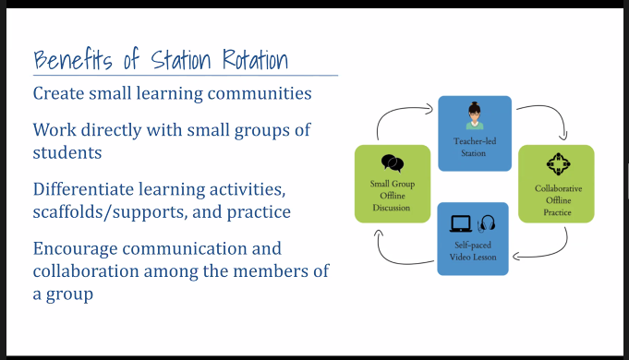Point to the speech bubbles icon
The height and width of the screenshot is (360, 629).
coord(393,163)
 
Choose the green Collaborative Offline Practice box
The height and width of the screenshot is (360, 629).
coord(556,183)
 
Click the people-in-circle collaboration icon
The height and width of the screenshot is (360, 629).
coord(556,163)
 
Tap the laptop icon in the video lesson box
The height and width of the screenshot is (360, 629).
coord(459,223)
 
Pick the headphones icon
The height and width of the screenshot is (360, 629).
coord(488,223)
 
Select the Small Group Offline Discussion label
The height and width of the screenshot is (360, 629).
coord(392,195)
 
